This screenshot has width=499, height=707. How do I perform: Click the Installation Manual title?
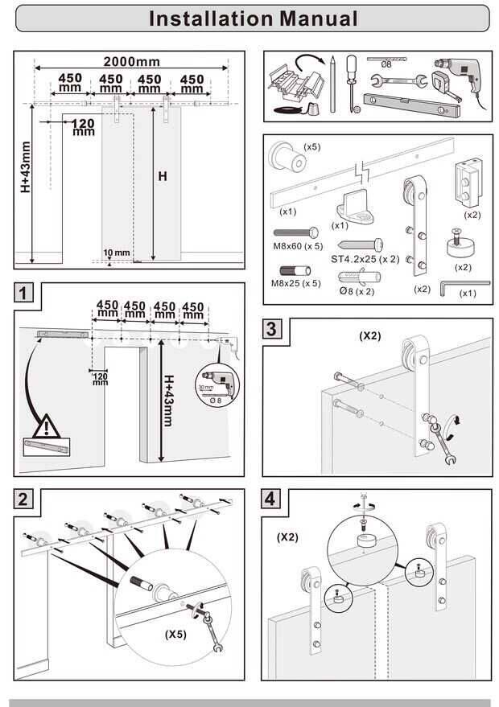coord(254,18)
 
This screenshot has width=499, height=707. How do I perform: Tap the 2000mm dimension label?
coord(132,61)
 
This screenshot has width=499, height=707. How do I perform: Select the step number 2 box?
coord(24,499)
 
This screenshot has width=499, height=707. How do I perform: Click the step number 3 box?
coord(274,328)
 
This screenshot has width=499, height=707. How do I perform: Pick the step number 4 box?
coord(274,499)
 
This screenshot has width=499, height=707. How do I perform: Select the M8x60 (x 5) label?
coord(298,246)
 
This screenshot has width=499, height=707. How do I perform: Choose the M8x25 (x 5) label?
coord(296,283)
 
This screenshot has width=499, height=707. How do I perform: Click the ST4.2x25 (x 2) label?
coord(365,259)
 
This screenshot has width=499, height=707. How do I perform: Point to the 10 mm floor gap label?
coord(116,253)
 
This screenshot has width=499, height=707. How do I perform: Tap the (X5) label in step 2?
coord(175,634)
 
